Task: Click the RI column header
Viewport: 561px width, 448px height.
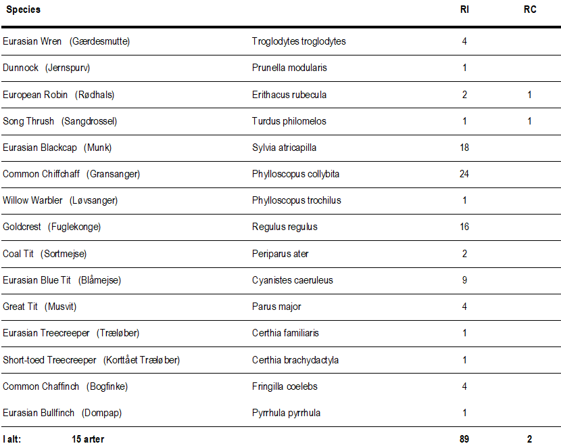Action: pos(464,10)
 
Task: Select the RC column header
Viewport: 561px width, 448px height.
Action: pos(530,10)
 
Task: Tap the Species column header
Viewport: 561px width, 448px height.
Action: pos(24,10)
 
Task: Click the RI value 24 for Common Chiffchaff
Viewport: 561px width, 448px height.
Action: pos(464,174)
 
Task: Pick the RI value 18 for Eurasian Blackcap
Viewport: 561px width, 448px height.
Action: pos(464,148)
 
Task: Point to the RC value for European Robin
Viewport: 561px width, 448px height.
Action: pos(530,95)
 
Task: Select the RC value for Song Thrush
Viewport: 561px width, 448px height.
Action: pos(530,121)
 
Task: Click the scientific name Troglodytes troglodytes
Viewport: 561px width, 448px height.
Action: pos(299,41)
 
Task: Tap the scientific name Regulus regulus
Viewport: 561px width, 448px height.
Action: pos(285,227)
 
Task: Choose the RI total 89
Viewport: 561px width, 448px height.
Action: pos(464,439)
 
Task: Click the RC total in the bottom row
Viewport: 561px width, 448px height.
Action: pos(530,439)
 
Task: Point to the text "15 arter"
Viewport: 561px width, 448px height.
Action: pos(88,439)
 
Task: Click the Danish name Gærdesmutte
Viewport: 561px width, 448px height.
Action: pos(99,41)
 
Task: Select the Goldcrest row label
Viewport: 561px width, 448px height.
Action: pos(22,227)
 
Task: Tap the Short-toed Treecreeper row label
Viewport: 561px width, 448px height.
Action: pos(49,360)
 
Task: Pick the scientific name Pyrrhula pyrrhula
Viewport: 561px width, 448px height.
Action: pos(286,413)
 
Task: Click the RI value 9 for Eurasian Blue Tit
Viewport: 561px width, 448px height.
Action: pos(464,280)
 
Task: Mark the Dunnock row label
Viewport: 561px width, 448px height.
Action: pos(20,68)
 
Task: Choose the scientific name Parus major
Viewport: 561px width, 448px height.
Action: pos(276,307)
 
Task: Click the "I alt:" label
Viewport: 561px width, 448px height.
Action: pos(12,439)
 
